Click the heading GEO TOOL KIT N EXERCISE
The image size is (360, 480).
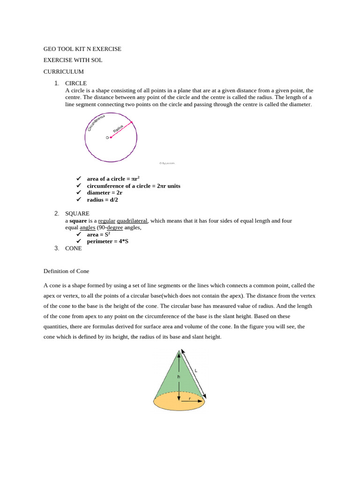[x=82, y=49]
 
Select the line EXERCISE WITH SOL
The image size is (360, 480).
[x=73, y=60]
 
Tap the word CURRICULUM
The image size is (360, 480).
[x=63, y=72]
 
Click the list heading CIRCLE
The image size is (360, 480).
[x=75, y=83]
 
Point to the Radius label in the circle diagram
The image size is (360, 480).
[x=118, y=128]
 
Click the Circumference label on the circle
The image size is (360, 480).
[x=96, y=122]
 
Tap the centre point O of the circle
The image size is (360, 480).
[x=108, y=137]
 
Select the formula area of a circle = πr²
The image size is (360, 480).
[x=113, y=179]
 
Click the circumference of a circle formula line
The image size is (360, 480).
[x=133, y=186]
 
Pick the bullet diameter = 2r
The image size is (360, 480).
[x=105, y=193]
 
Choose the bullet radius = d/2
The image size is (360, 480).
[x=102, y=200]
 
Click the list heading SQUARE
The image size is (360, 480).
[x=77, y=213]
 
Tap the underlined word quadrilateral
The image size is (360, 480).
[x=132, y=221]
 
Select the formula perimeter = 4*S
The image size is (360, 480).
[x=107, y=241]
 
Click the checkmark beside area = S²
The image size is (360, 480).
[x=79, y=234]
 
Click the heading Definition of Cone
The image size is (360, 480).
[x=66, y=271]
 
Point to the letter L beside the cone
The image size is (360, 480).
[x=196, y=370]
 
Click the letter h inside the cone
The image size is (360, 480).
[x=179, y=376]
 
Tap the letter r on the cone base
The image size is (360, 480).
[x=190, y=398]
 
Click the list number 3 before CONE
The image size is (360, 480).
[x=56, y=248]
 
